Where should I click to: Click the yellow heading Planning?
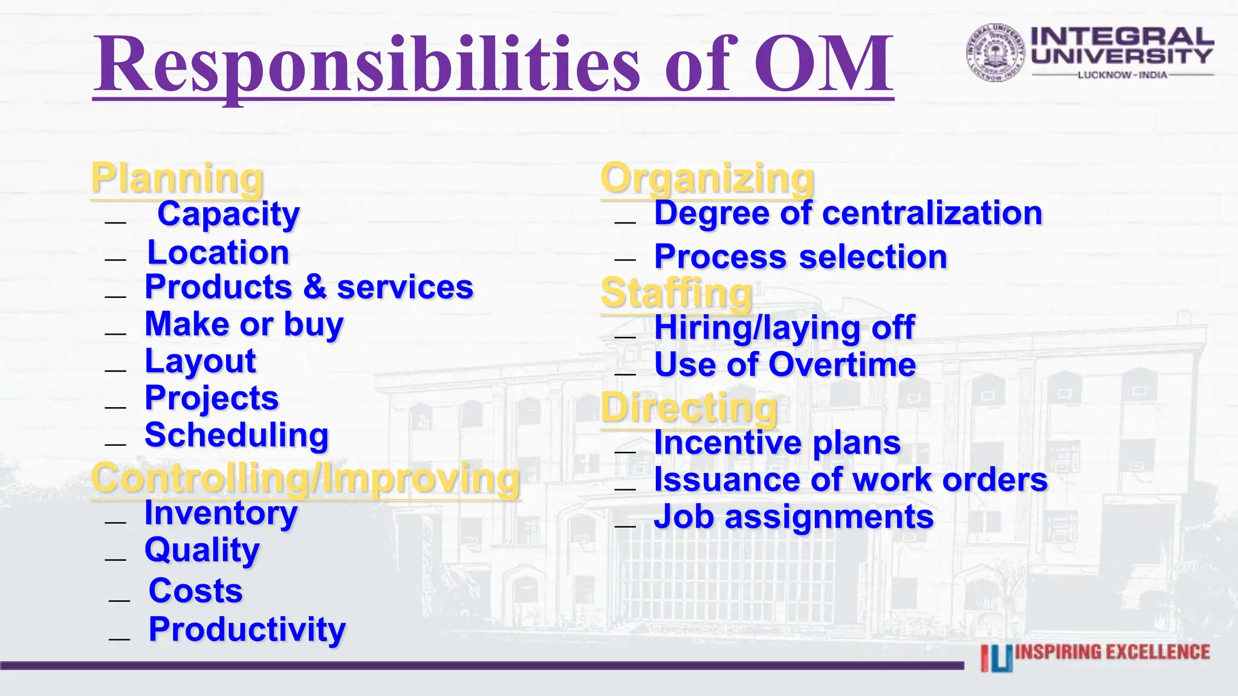pos(177,179)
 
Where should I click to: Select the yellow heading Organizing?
pos(707,179)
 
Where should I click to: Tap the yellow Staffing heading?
pos(676,294)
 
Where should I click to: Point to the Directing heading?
pos(689,408)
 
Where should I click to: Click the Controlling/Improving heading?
pos(305,478)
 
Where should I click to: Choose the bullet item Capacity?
pos(228,214)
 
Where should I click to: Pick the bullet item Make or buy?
pos(244,325)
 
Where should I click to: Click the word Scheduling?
pos(236,436)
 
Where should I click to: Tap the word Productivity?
pos(247,630)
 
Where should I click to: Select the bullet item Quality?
pos(202,550)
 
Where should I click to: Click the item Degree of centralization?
pos(848,214)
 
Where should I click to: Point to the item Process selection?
pos(800,257)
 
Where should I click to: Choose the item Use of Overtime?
pos(785,365)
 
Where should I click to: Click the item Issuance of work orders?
pos(851,480)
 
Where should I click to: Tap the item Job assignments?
pos(794,518)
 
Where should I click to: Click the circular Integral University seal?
pos(995,53)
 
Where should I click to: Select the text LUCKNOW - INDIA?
pos(1123,75)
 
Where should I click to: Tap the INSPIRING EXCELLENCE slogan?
pos(1112,652)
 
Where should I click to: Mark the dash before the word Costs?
pos(120,600)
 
